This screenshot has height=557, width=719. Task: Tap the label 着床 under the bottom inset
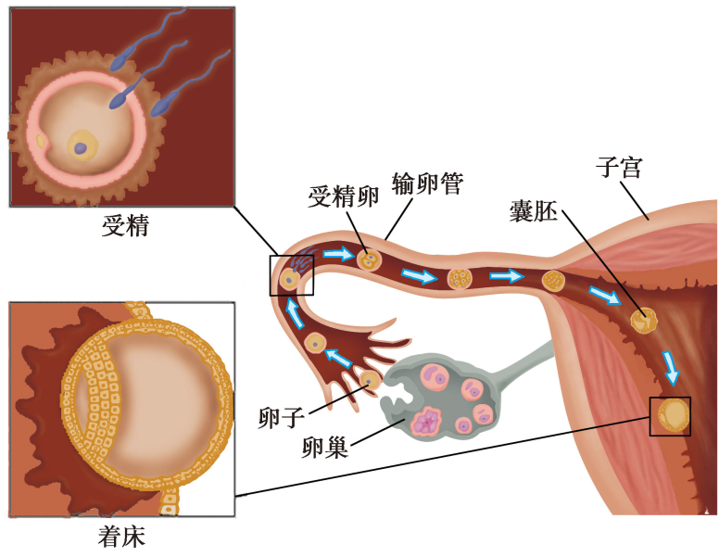pyautogui.click(x=121, y=537)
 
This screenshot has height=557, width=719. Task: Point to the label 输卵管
pyautogui.click(x=427, y=182)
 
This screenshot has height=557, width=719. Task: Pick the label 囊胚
pyautogui.click(x=533, y=210)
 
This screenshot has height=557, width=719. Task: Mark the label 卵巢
pyautogui.click(x=324, y=449)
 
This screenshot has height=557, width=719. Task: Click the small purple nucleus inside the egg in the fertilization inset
pyautogui.click(x=82, y=147)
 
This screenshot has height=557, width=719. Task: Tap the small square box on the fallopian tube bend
pyautogui.click(x=292, y=275)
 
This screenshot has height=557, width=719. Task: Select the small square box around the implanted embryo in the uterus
pyautogui.click(x=671, y=416)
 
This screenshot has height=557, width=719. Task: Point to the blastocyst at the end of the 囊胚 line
pyautogui.click(x=642, y=321)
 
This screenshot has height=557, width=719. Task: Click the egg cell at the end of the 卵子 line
pyautogui.click(x=370, y=378)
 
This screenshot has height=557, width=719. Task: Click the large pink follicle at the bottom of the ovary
pyautogui.click(x=430, y=423)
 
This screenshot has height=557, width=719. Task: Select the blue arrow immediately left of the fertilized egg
pyautogui.click(x=337, y=253)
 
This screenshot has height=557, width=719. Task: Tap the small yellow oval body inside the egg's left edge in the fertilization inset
pyautogui.click(x=42, y=141)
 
